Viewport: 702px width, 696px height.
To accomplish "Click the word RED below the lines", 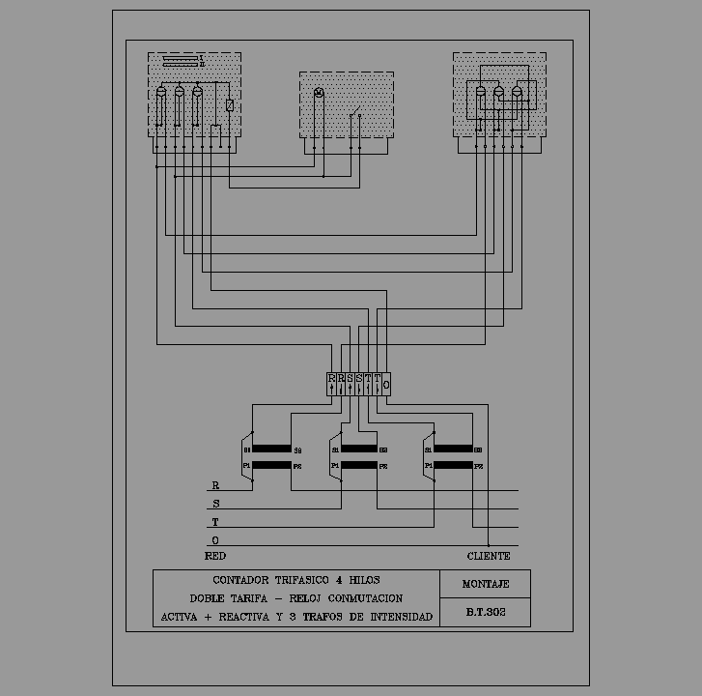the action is (x=215, y=557).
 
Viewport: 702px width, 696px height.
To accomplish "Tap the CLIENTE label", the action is (x=489, y=557).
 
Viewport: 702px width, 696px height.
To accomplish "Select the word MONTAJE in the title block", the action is (x=485, y=584).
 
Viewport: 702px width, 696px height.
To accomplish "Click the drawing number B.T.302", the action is (x=485, y=613).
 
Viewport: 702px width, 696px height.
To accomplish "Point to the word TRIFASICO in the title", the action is (x=290, y=580).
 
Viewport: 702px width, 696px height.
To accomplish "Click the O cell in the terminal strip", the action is (x=386, y=384).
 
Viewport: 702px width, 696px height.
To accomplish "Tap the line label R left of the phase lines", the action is (x=215, y=486).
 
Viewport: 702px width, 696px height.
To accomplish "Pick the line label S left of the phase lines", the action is (x=215, y=504).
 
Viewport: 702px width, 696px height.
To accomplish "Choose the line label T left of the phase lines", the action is (x=215, y=522).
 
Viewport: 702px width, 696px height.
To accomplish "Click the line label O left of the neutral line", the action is (x=215, y=539).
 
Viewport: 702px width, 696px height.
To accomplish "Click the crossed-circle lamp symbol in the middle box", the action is (x=320, y=93).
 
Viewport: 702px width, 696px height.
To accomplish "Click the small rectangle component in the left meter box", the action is (x=229, y=105).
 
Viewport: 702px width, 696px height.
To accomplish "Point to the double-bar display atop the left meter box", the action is (x=183, y=61).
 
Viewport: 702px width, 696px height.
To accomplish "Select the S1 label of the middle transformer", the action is (x=335, y=449).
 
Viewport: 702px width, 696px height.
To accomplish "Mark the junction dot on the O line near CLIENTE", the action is (x=489, y=544).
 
